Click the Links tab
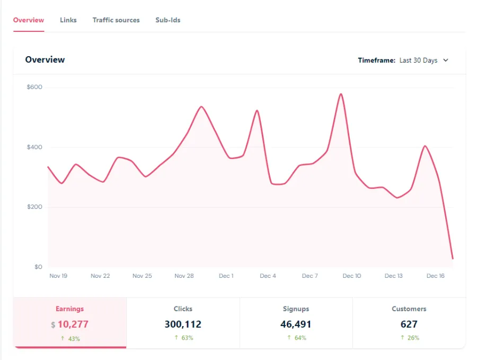68,20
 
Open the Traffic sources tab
116,20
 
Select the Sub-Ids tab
167,20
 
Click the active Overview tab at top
29,20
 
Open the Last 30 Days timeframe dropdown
423,60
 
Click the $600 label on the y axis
34,87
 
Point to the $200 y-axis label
34,207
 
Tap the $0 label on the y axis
38,267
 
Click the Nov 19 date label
58,276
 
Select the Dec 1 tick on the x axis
226,276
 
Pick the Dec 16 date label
436,276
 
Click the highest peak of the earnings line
341,94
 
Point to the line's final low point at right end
453,259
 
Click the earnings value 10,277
73,324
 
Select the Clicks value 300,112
183,324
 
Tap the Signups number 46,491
296,324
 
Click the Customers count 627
409,324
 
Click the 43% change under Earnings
73,338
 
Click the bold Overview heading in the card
45,60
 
